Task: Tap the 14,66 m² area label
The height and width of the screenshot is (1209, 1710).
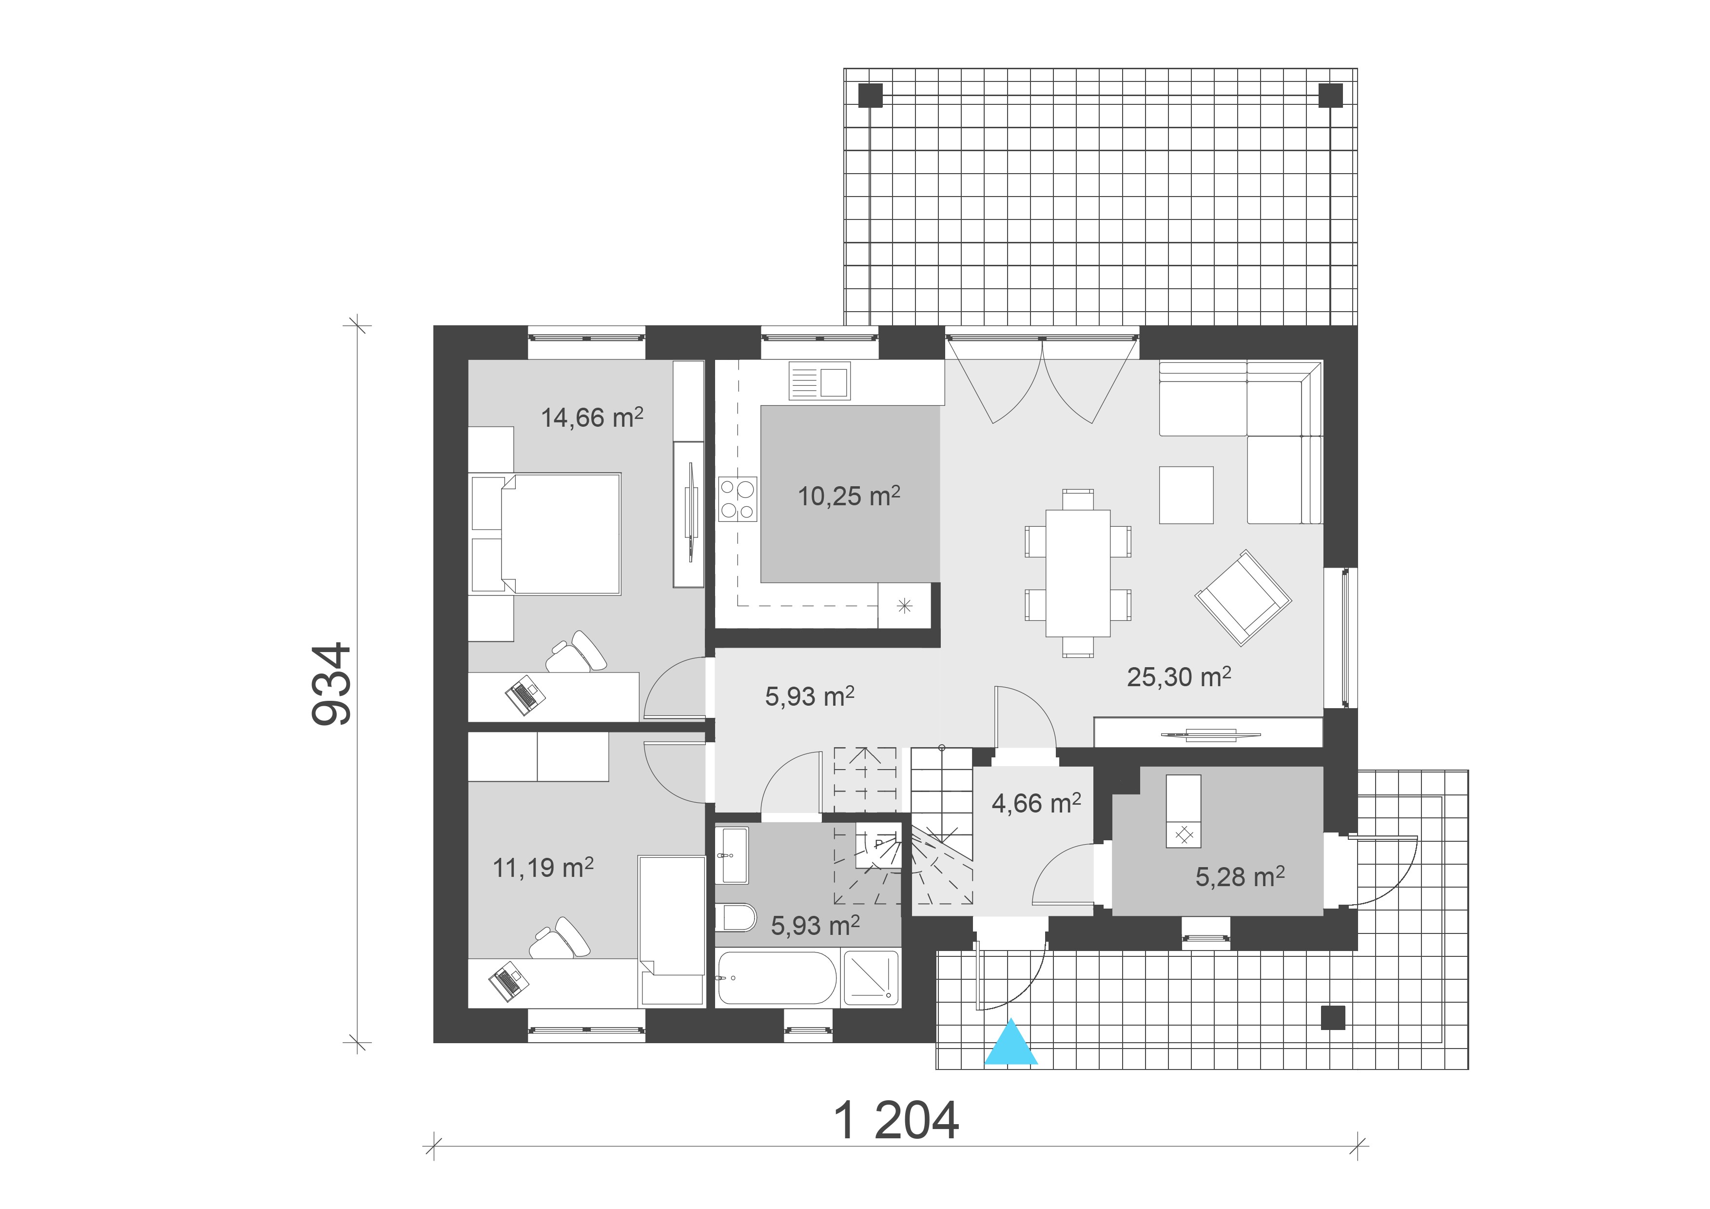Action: (x=591, y=418)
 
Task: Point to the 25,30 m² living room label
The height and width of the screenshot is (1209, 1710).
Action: (x=1178, y=676)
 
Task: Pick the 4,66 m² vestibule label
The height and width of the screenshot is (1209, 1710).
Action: (x=1036, y=803)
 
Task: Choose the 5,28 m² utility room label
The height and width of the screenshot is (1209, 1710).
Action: (x=1239, y=877)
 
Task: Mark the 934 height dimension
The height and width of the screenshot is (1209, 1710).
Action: (x=330, y=683)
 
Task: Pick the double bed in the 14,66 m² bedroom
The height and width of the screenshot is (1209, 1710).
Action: (x=560, y=534)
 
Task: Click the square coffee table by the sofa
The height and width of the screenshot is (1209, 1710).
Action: (x=1185, y=495)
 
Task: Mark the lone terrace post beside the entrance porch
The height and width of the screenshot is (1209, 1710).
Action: (x=1332, y=1017)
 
